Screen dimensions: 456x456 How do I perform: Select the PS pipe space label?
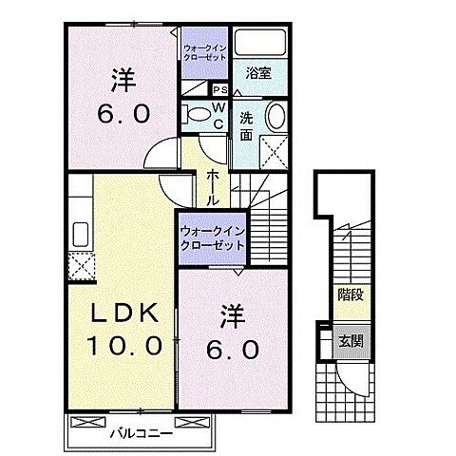click(x=219, y=90)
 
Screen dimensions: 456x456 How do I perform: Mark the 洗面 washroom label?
click(x=245, y=127)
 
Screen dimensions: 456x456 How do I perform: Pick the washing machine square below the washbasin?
click(x=275, y=150)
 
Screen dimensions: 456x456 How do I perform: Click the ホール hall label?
click(x=214, y=185)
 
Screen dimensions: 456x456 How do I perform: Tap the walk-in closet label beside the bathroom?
click(x=205, y=52)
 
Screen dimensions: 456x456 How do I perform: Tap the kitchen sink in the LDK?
click(x=78, y=232)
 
